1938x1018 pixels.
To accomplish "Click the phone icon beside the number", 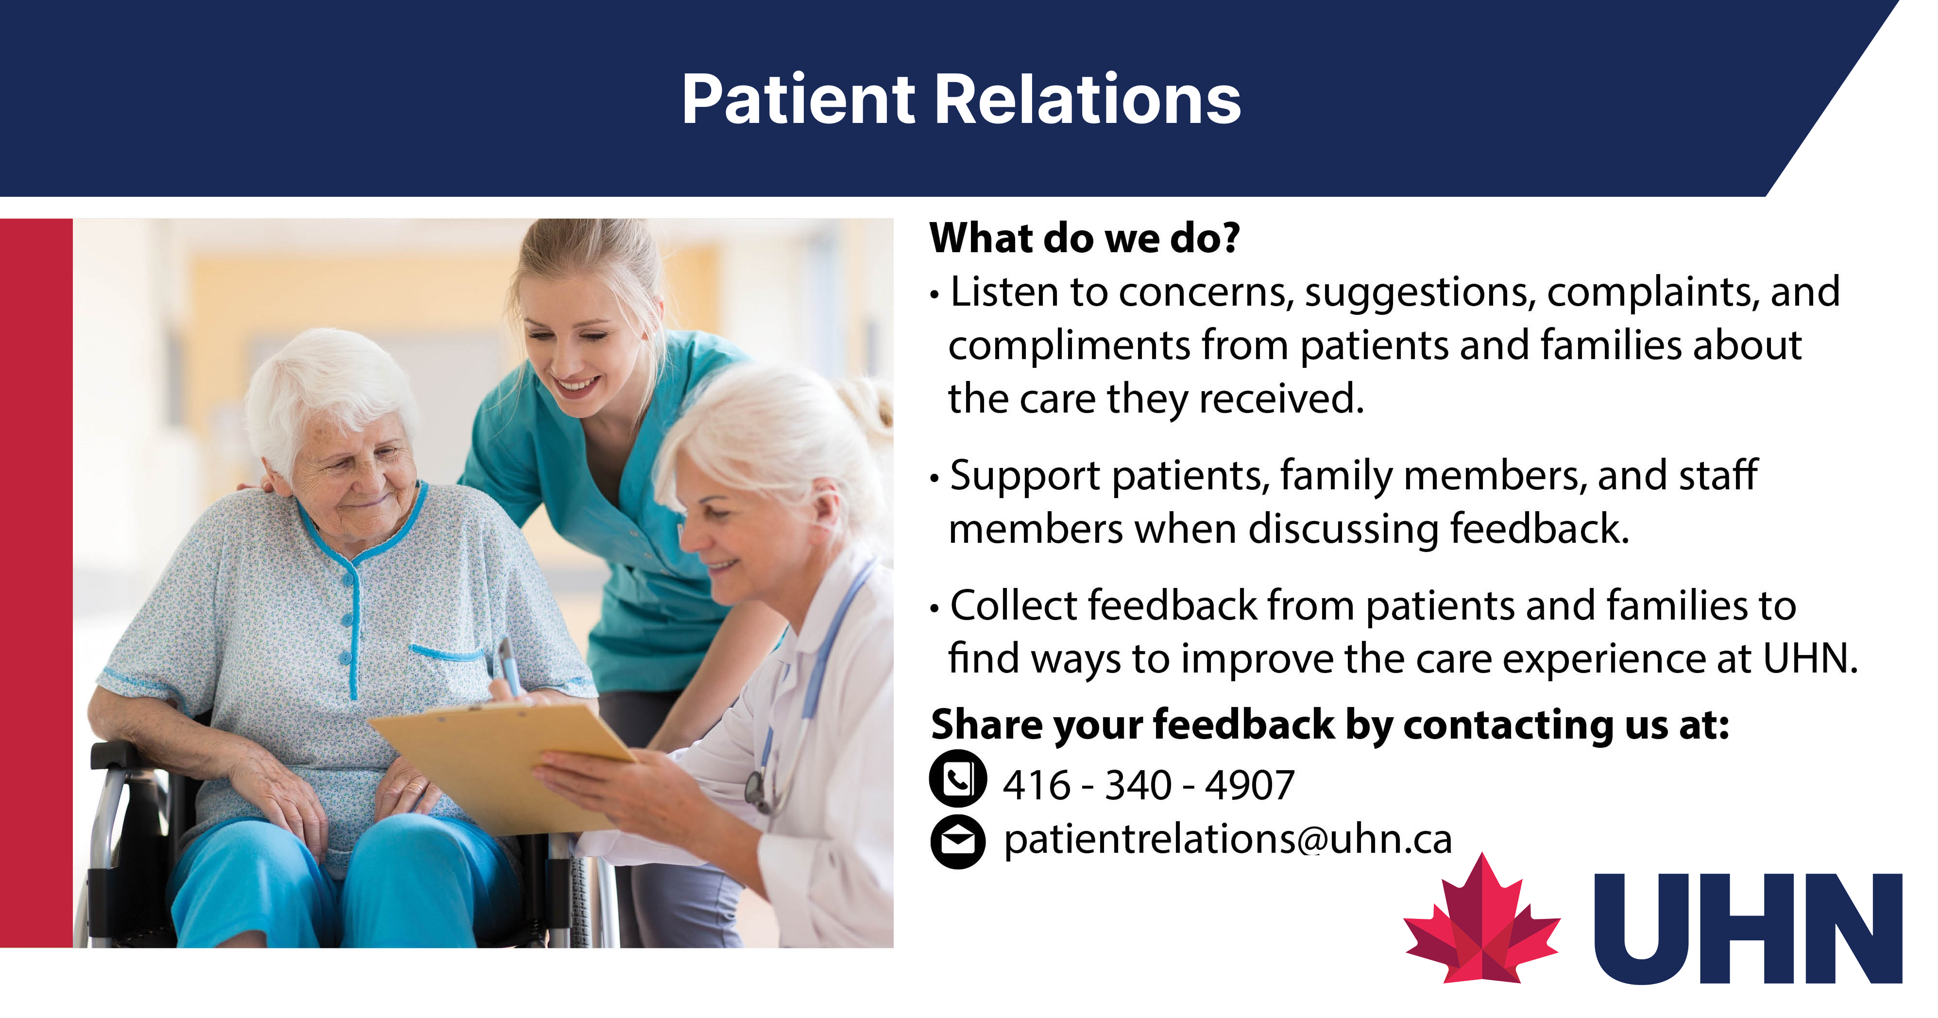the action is click(958, 779).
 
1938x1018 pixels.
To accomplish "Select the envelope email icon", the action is click(958, 841).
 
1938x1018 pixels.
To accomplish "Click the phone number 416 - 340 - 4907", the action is click(1148, 785).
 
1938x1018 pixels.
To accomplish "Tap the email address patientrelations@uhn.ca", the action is click(1228, 840).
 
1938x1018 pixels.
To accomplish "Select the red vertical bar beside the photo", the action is click(36, 583).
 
